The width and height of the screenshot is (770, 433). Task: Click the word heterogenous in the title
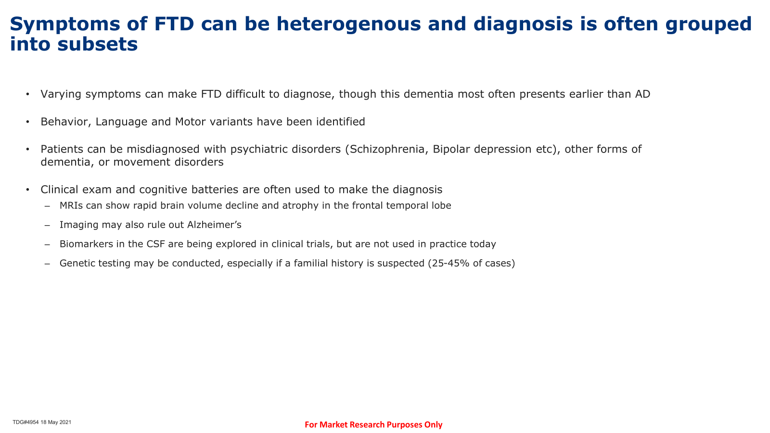[348, 24]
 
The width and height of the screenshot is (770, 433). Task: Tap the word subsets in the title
[98, 44]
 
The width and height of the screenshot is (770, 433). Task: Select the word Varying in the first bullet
[61, 94]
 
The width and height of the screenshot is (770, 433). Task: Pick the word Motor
[190, 122]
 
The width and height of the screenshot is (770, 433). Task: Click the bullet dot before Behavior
[27, 122]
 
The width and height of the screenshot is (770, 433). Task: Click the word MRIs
[71, 205]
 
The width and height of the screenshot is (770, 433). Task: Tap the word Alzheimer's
[214, 225]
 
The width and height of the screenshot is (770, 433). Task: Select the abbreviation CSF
[156, 244]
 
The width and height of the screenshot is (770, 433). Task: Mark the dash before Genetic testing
[47, 264]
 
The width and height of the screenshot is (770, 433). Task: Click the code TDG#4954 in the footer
[26, 422]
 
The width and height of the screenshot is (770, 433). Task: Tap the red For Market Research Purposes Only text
[373, 425]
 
